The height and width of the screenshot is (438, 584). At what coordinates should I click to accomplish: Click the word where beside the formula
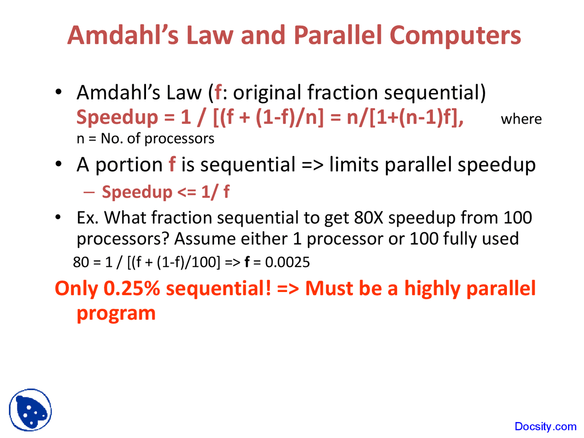click(x=521, y=119)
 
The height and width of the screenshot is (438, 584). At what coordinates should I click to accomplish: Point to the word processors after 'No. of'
click(x=179, y=139)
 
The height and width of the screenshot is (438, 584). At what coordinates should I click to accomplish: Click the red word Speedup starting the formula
click(x=117, y=118)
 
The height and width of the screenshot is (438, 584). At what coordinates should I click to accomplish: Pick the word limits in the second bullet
click(x=354, y=165)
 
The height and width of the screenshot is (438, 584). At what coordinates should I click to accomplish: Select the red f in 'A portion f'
click(x=172, y=164)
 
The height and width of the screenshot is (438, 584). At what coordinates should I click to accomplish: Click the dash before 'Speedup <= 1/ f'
click(x=89, y=192)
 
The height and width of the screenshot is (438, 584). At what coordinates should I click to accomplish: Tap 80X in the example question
click(x=368, y=218)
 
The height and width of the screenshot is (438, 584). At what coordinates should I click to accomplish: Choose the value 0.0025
click(x=287, y=262)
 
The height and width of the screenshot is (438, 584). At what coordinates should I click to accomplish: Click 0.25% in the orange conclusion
click(x=132, y=288)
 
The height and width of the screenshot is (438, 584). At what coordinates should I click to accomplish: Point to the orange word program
click(x=116, y=314)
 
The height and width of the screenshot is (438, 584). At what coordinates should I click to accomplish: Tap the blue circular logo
click(x=30, y=410)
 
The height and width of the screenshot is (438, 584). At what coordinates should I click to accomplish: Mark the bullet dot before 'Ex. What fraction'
click(x=58, y=217)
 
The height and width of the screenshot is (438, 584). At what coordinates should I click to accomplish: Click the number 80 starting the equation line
click(x=81, y=262)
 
